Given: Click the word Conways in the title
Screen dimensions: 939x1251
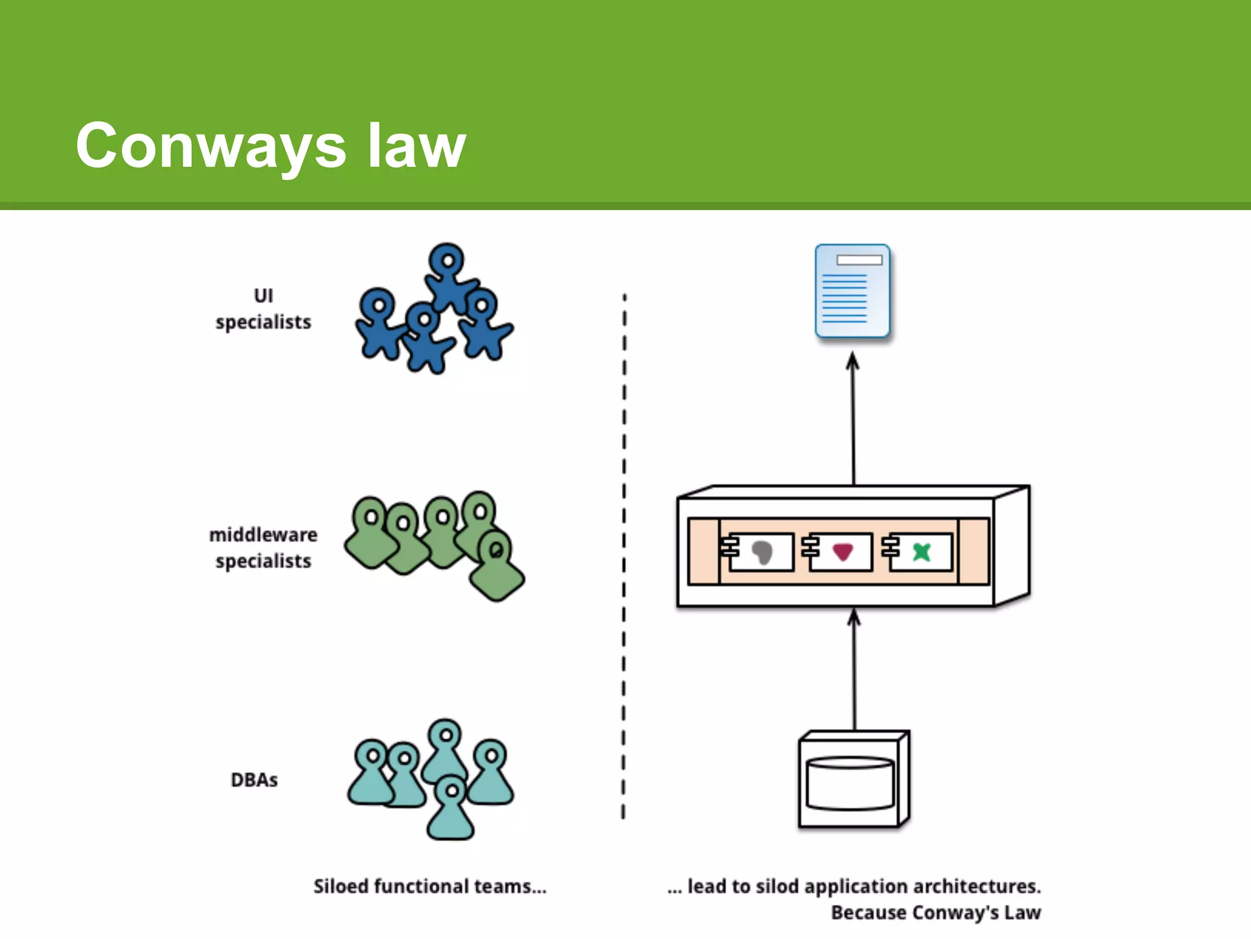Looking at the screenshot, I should [211, 147].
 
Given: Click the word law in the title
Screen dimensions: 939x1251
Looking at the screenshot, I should [417, 145].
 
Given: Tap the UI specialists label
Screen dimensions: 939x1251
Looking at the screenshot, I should [263, 309].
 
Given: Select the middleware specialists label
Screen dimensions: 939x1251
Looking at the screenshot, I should [263, 548].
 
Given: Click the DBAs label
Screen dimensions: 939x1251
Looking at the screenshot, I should [254, 780].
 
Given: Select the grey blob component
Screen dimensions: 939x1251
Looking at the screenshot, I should [762, 552].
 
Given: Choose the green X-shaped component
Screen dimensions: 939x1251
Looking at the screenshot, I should [921, 552].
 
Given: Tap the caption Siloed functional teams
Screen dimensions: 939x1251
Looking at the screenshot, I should [429, 886].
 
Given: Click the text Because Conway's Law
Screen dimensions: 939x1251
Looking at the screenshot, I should [935, 913].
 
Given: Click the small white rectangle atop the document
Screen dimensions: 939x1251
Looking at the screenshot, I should [859, 260].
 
